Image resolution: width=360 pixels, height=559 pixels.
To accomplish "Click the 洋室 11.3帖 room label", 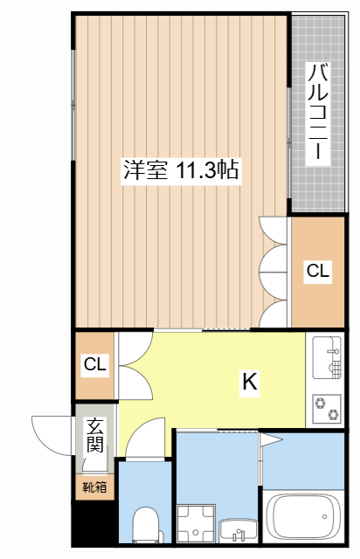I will (x=181, y=170).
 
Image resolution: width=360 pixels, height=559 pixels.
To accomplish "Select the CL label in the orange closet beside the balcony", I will (x=318, y=272).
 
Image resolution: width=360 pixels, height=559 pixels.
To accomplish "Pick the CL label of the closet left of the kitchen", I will (x=94, y=364).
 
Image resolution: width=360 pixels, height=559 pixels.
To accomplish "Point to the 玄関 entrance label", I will (x=95, y=435).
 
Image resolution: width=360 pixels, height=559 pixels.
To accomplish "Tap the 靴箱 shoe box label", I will (x=94, y=487).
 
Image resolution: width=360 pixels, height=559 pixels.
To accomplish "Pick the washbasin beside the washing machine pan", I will (x=237, y=529).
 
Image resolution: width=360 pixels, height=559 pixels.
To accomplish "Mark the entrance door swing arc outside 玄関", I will (x=50, y=433).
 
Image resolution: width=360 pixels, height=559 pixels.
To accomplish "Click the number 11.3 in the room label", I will (x=199, y=170).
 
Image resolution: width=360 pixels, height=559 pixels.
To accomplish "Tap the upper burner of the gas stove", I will (x=321, y=403).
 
